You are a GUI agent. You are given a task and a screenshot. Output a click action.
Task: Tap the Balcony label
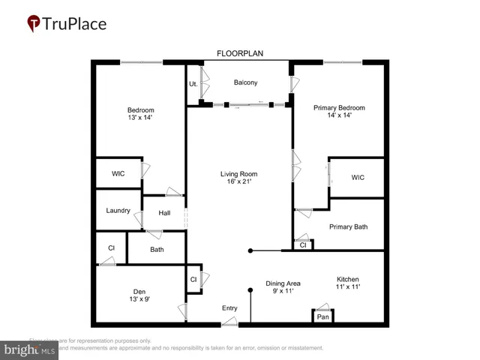point(246,82)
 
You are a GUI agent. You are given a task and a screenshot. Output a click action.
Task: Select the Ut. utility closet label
point(193,83)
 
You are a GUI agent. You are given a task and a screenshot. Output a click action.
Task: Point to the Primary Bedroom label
point(337,106)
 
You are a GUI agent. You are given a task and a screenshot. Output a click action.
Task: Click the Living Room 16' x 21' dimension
point(238,182)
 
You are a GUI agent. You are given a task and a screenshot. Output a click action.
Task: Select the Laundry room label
point(118,211)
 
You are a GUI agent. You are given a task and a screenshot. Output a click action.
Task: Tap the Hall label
point(164,213)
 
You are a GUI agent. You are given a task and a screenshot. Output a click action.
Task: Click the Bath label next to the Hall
point(157,250)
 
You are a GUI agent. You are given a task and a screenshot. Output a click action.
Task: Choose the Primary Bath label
point(349,226)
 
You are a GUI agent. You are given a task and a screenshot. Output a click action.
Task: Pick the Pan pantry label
point(323,317)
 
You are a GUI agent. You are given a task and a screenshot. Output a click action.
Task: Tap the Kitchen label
point(347,278)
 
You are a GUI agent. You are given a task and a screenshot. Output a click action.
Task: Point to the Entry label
point(229,308)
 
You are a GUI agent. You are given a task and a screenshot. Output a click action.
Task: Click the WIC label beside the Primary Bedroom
point(358,178)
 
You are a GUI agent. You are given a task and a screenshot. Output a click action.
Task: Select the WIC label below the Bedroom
point(118,173)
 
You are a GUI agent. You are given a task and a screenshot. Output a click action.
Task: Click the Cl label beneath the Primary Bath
point(303,244)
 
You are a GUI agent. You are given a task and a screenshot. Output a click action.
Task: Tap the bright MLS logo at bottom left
point(30,349)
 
